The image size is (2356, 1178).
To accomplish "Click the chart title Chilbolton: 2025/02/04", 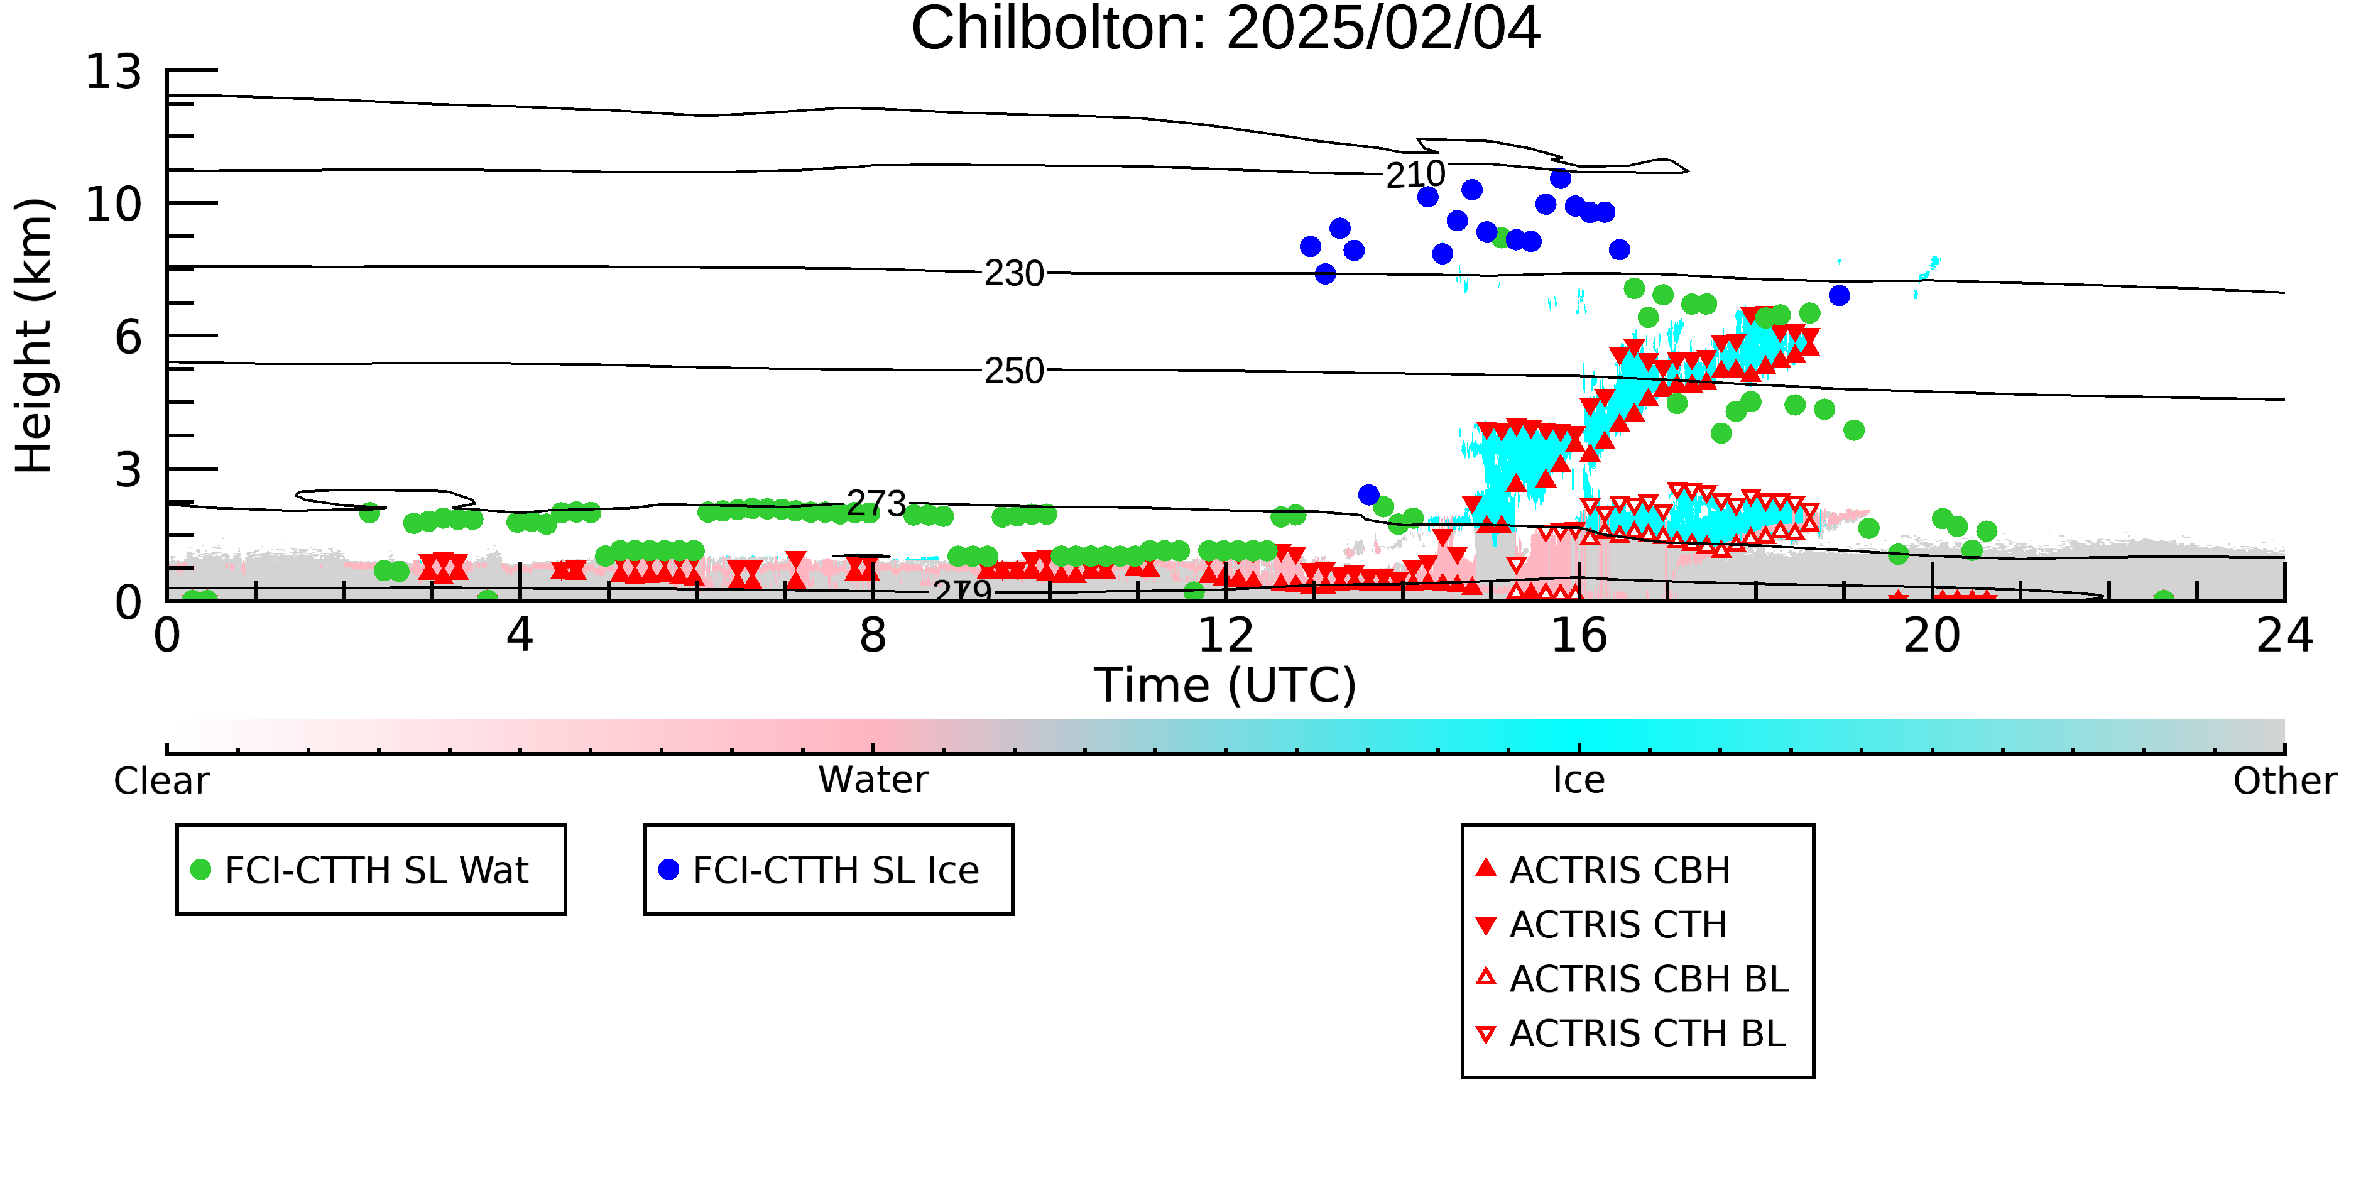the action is (x=1226, y=30).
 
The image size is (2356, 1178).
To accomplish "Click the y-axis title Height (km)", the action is (x=34, y=335).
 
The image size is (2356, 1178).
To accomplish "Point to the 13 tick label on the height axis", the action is (x=114, y=72).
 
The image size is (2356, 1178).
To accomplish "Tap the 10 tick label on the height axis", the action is (x=114, y=204).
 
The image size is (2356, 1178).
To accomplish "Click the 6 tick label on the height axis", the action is (x=128, y=337).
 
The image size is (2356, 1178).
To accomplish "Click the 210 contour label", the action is (x=1415, y=175).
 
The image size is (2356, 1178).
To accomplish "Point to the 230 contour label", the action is (x=1013, y=273).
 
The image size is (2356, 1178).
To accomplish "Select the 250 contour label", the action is (x=1013, y=371).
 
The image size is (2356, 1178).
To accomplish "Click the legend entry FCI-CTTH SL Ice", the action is (x=819, y=870).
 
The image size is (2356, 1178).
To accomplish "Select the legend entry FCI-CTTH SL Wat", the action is (x=359, y=870).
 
